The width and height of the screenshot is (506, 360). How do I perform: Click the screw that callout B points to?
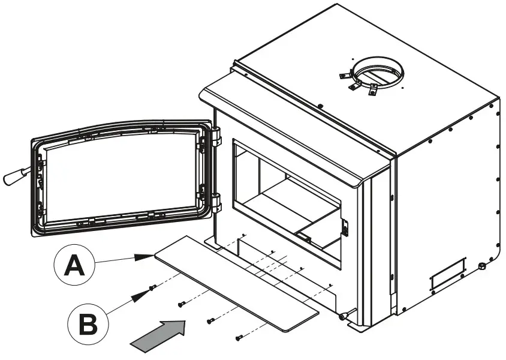155,287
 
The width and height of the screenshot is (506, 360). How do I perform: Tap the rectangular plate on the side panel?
448,273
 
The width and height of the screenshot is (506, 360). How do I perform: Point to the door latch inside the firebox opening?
345,226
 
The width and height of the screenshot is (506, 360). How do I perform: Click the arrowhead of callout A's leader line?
144,256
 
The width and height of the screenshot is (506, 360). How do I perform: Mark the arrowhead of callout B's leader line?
144,293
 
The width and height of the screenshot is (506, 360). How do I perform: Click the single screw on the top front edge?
321,107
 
